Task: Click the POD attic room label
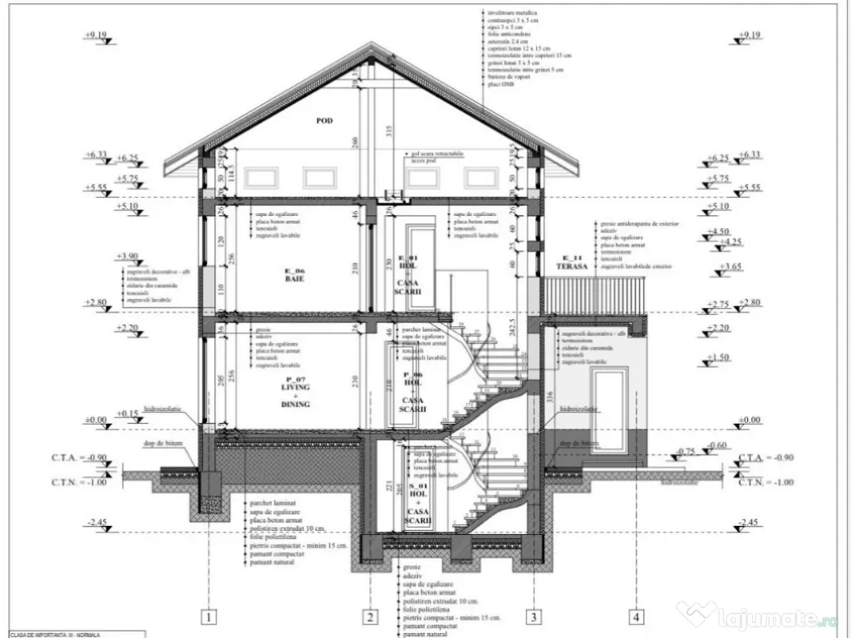(x=324, y=120)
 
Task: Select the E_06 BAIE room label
(x=294, y=275)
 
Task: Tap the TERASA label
(x=573, y=267)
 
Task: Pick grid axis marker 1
(x=209, y=617)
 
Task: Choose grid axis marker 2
(x=371, y=617)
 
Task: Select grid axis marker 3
(x=533, y=617)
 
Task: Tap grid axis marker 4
(x=636, y=617)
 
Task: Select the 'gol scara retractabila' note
(x=437, y=155)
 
